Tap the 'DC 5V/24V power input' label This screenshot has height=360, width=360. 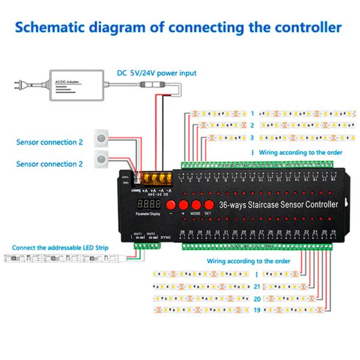pyautogui.click(x=156, y=73)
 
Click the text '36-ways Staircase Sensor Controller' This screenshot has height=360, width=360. pyautogui.click(x=280, y=205)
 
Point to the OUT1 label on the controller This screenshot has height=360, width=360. pyautogui.click(x=137, y=233)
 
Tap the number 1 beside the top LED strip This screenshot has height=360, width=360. pyautogui.click(x=253, y=113)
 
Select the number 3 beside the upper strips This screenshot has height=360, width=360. pyautogui.click(x=253, y=137)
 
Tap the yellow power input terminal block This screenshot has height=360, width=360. pyautogui.click(x=157, y=178)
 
